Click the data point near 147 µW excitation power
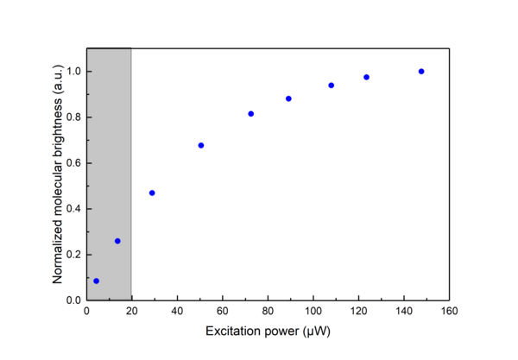pyautogui.click(x=421, y=72)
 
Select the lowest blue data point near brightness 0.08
pyautogui.click(x=96, y=281)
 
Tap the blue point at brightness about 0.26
pyautogui.click(x=117, y=241)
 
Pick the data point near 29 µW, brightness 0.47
pyautogui.click(x=152, y=193)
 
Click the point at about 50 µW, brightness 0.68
pyautogui.click(x=201, y=145)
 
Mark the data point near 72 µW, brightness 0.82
pyautogui.click(x=251, y=114)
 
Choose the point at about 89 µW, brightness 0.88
pyautogui.click(x=288, y=98)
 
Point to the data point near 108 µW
pyautogui.click(x=332, y=85)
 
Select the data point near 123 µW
pyautogui.click(x=366, y=78)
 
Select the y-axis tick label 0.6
pyautogui.click(x=73, y=163)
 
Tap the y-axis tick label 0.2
pyautogui.click(x=73, y=255)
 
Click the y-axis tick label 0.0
pyautogui.click(x=73, y=300)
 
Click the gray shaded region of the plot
pyautogui.click(x=109, y=155)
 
